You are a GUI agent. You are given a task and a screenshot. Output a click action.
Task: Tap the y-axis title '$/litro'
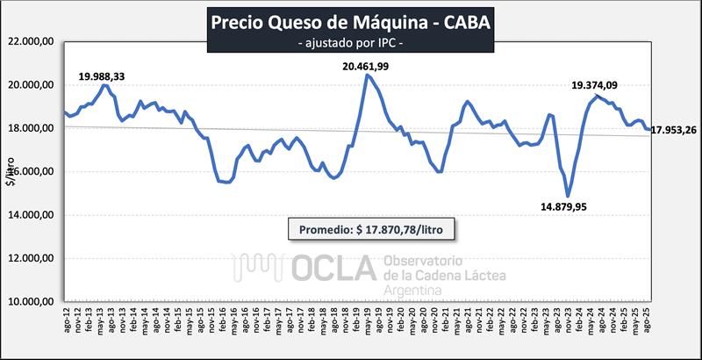click(11, 172)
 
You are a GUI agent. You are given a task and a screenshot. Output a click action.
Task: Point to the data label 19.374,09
click(595, 85)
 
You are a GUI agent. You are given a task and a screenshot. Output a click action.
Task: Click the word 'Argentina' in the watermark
click(415, 290)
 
